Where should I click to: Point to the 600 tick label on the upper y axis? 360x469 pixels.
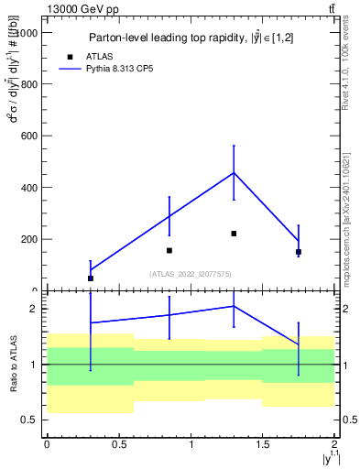point(28,136)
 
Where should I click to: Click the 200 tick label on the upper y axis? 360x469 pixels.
point(28,240)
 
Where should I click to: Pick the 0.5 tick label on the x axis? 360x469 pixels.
point(118,444)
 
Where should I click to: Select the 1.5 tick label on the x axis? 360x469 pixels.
point(262,444)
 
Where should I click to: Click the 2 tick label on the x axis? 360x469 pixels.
point(334,444)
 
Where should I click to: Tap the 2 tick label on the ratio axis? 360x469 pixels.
point(34,309)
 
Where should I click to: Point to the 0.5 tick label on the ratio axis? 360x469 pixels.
point(30,420)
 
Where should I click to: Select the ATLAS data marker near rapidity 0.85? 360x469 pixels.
point(169,250)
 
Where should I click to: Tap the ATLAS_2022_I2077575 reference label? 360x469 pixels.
point(191,273)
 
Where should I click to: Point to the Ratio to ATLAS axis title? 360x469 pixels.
point(13,365)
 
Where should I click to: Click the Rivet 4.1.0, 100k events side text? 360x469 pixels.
point(345,68)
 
